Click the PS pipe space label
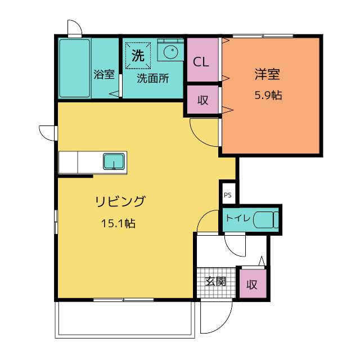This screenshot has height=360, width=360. [x=227, y=195]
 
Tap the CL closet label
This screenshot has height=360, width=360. [x=201, y=62]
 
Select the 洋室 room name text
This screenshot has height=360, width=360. [x=267, y=74]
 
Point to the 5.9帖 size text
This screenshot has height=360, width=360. [x=268, y=95]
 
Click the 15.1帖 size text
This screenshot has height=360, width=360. [x=118, y=223]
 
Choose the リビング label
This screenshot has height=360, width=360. [x=120, y=201]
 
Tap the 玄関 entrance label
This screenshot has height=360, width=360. [x=215, y=281]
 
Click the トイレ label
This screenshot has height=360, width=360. [x=238, y=218]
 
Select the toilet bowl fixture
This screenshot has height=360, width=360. [x=266, y=220]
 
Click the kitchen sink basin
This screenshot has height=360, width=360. [x=114, y=161]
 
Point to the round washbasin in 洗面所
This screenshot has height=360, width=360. [x=170, y=52]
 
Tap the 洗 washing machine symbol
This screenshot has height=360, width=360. [x=138, y=56]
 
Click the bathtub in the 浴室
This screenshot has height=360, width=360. [x=74, y=68]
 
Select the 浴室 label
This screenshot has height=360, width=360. [x=104, y=74]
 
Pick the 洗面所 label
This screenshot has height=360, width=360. [x=153, y=78]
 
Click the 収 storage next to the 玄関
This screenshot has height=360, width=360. [x=253, y=283]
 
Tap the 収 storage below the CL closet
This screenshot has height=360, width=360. [x=202, y=100]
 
